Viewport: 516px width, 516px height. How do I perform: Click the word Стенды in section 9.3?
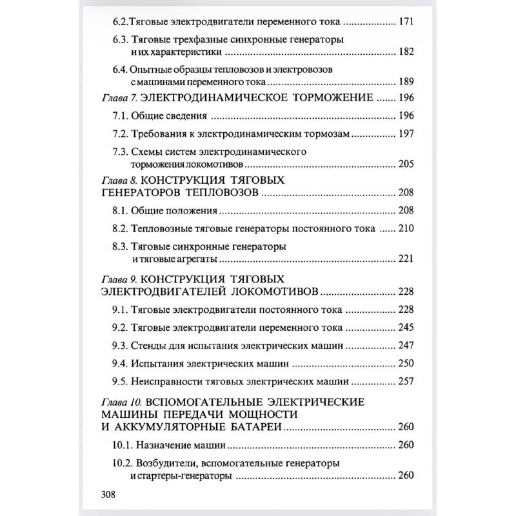[x=149, y=345]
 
